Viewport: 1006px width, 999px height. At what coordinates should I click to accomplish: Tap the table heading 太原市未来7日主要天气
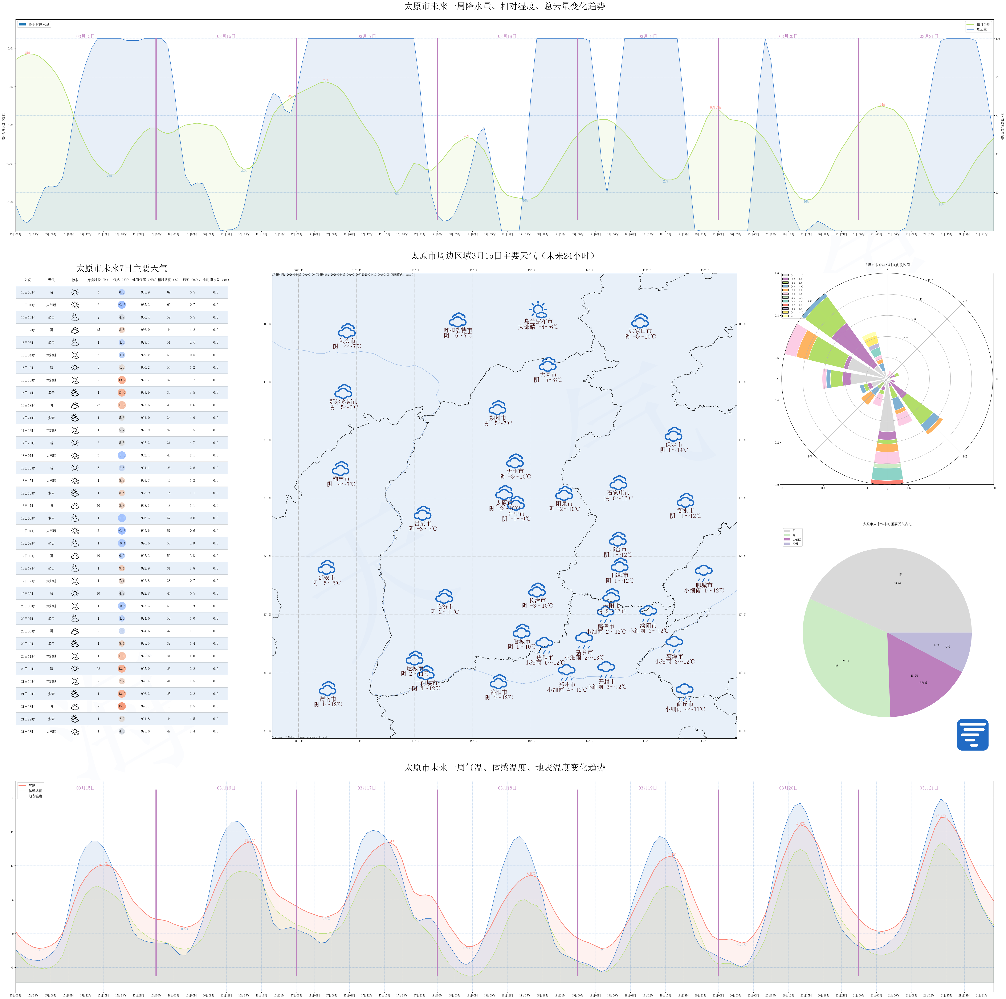tap(122, 268)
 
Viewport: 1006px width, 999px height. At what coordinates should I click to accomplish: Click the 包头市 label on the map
tap(347, 341)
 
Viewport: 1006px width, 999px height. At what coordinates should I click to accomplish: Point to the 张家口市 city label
tap(640, 331)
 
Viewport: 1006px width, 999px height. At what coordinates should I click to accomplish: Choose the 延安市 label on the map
tap(326, 578)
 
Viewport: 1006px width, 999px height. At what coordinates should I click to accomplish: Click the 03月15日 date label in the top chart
tap(85, 36)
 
